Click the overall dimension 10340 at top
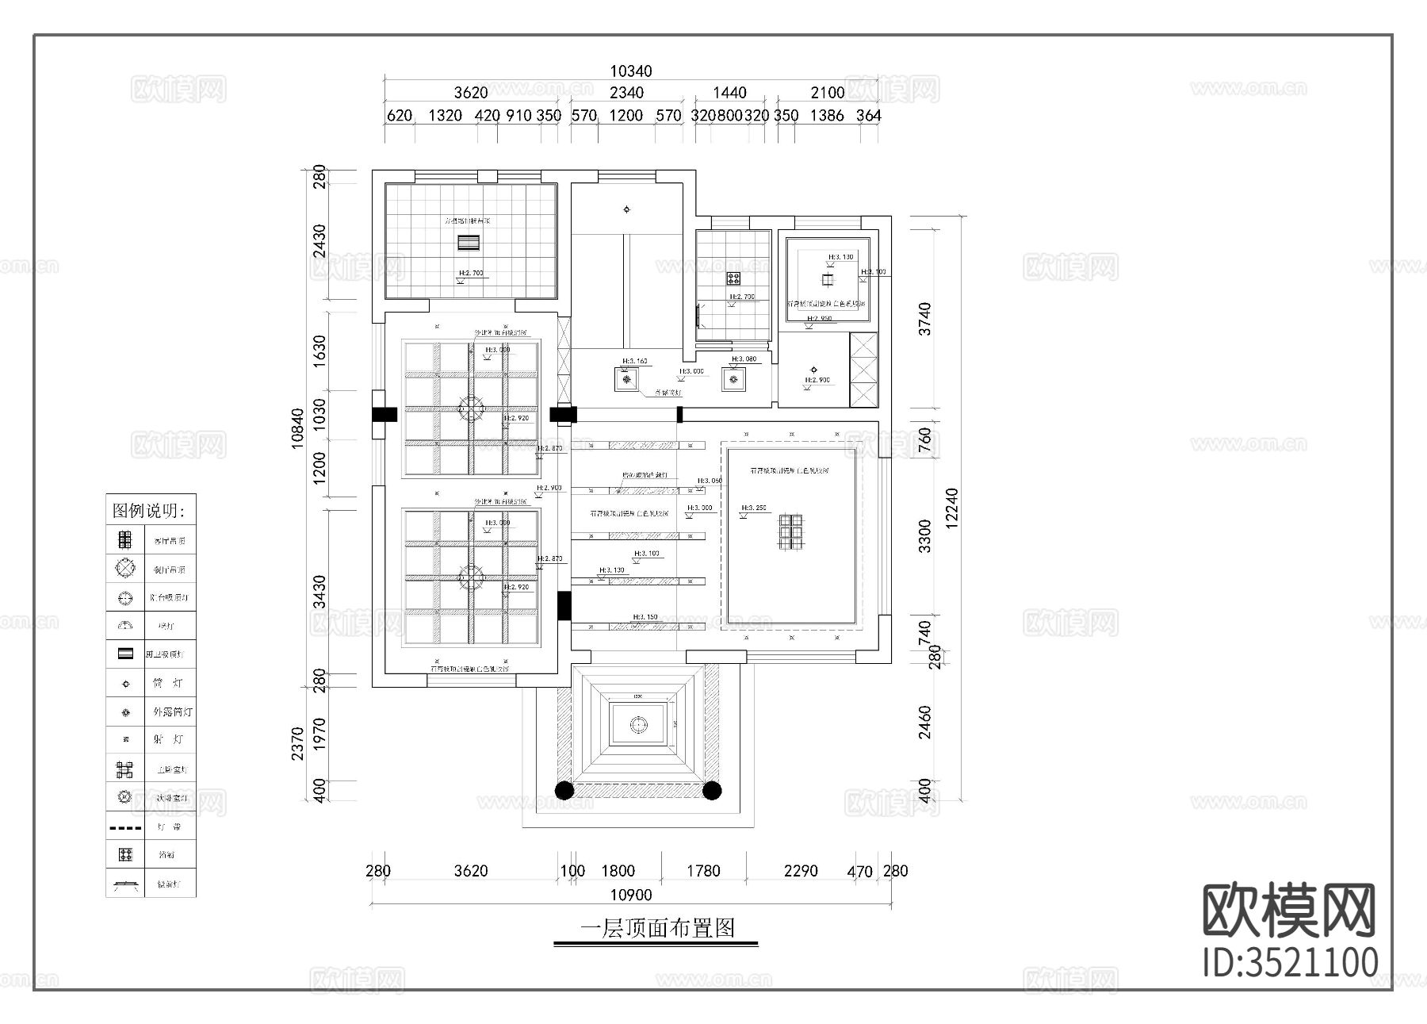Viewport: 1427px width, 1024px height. point(631,71)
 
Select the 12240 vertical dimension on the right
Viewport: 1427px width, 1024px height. point(952,508)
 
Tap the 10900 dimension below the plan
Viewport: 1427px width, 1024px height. point(631,895)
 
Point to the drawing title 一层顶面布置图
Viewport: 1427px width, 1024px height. point(657,928)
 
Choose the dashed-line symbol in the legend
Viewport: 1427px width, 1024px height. point(125,827)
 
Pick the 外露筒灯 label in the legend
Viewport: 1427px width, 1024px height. point(172,711)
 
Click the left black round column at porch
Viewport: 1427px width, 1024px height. point(564,790)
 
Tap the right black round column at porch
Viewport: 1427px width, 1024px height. point(712,790)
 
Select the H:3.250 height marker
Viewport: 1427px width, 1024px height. point(754,508)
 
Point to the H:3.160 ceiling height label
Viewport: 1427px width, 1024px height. point(635,361)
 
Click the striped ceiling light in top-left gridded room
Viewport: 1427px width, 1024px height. point(470,243)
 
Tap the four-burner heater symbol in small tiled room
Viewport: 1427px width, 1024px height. point(734,278)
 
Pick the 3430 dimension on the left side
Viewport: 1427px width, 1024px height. point(319,592)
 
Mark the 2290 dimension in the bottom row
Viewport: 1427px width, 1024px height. point(800,871)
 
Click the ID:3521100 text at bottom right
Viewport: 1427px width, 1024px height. point(1290,962)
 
